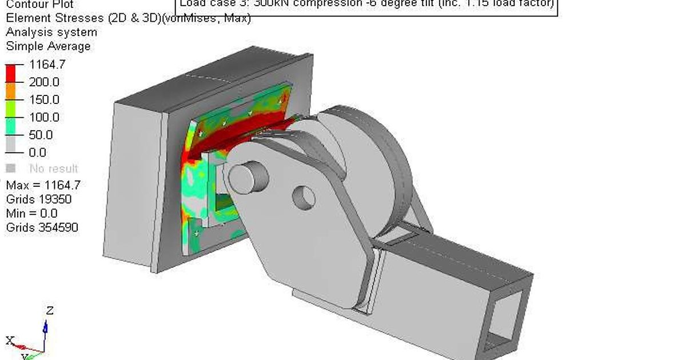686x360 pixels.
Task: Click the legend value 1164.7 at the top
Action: [47, 65]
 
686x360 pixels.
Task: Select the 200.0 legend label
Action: [44, 82]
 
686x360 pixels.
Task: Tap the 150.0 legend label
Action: [44, 100]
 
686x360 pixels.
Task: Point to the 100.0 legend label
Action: [44, 118]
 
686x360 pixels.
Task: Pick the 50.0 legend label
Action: [41, 135]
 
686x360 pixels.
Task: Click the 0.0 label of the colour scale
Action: [38, 153]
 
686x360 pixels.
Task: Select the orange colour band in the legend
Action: [10, 91]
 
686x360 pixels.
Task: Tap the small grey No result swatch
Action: [10, 169]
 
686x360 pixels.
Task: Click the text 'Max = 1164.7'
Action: [43, 185]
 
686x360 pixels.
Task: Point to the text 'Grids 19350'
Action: [39, 199]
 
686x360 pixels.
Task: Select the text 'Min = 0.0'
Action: [31, 214]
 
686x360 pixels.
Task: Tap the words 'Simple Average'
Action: [48, 46]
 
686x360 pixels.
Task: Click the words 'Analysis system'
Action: [51, 32]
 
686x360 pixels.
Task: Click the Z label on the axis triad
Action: [50, 311]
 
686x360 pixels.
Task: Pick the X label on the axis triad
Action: [10, 341]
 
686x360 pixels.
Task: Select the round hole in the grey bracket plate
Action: [304, 197]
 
